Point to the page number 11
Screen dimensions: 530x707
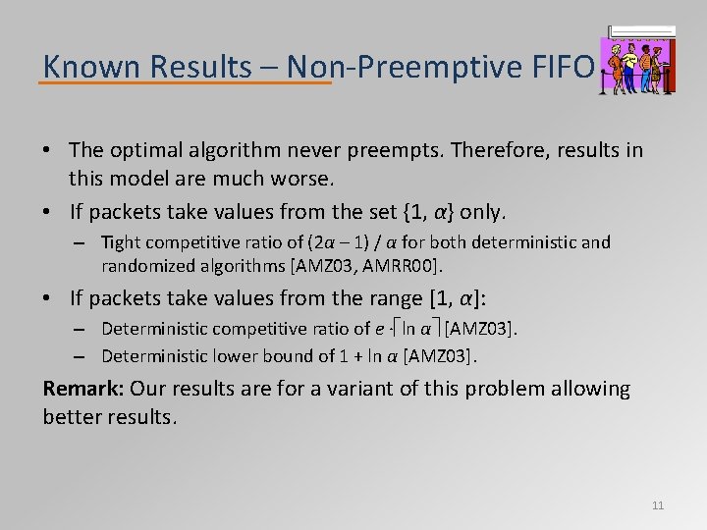tap(658, 505)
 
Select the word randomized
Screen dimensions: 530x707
tap(144, 265)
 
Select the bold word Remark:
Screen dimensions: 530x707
tap(83, 390)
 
